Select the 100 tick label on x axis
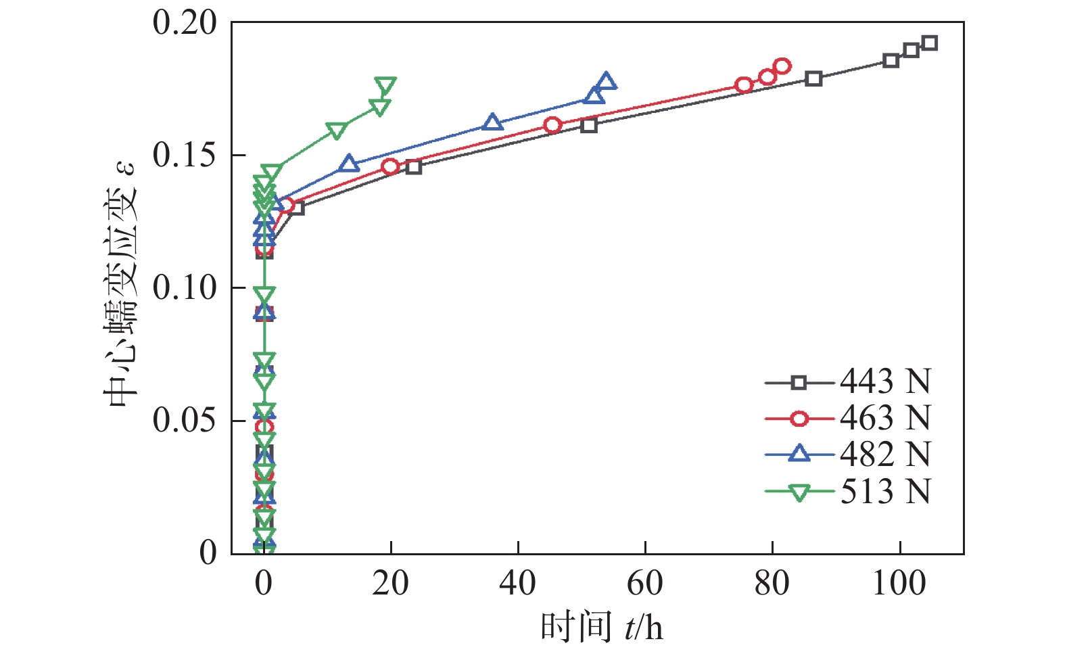click(x=899, y=583)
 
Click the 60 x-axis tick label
click(x=645, y=583)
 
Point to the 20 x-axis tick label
click(x=391, y=583)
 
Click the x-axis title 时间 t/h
click(x=601, y=628)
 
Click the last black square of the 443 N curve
click(x=930, y=43)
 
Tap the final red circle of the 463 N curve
click(x=782, y=66)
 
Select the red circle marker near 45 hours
click(x=552, y=125)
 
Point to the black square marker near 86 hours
click(x=813, y=78)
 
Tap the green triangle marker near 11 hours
click(x=336, y=130)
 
